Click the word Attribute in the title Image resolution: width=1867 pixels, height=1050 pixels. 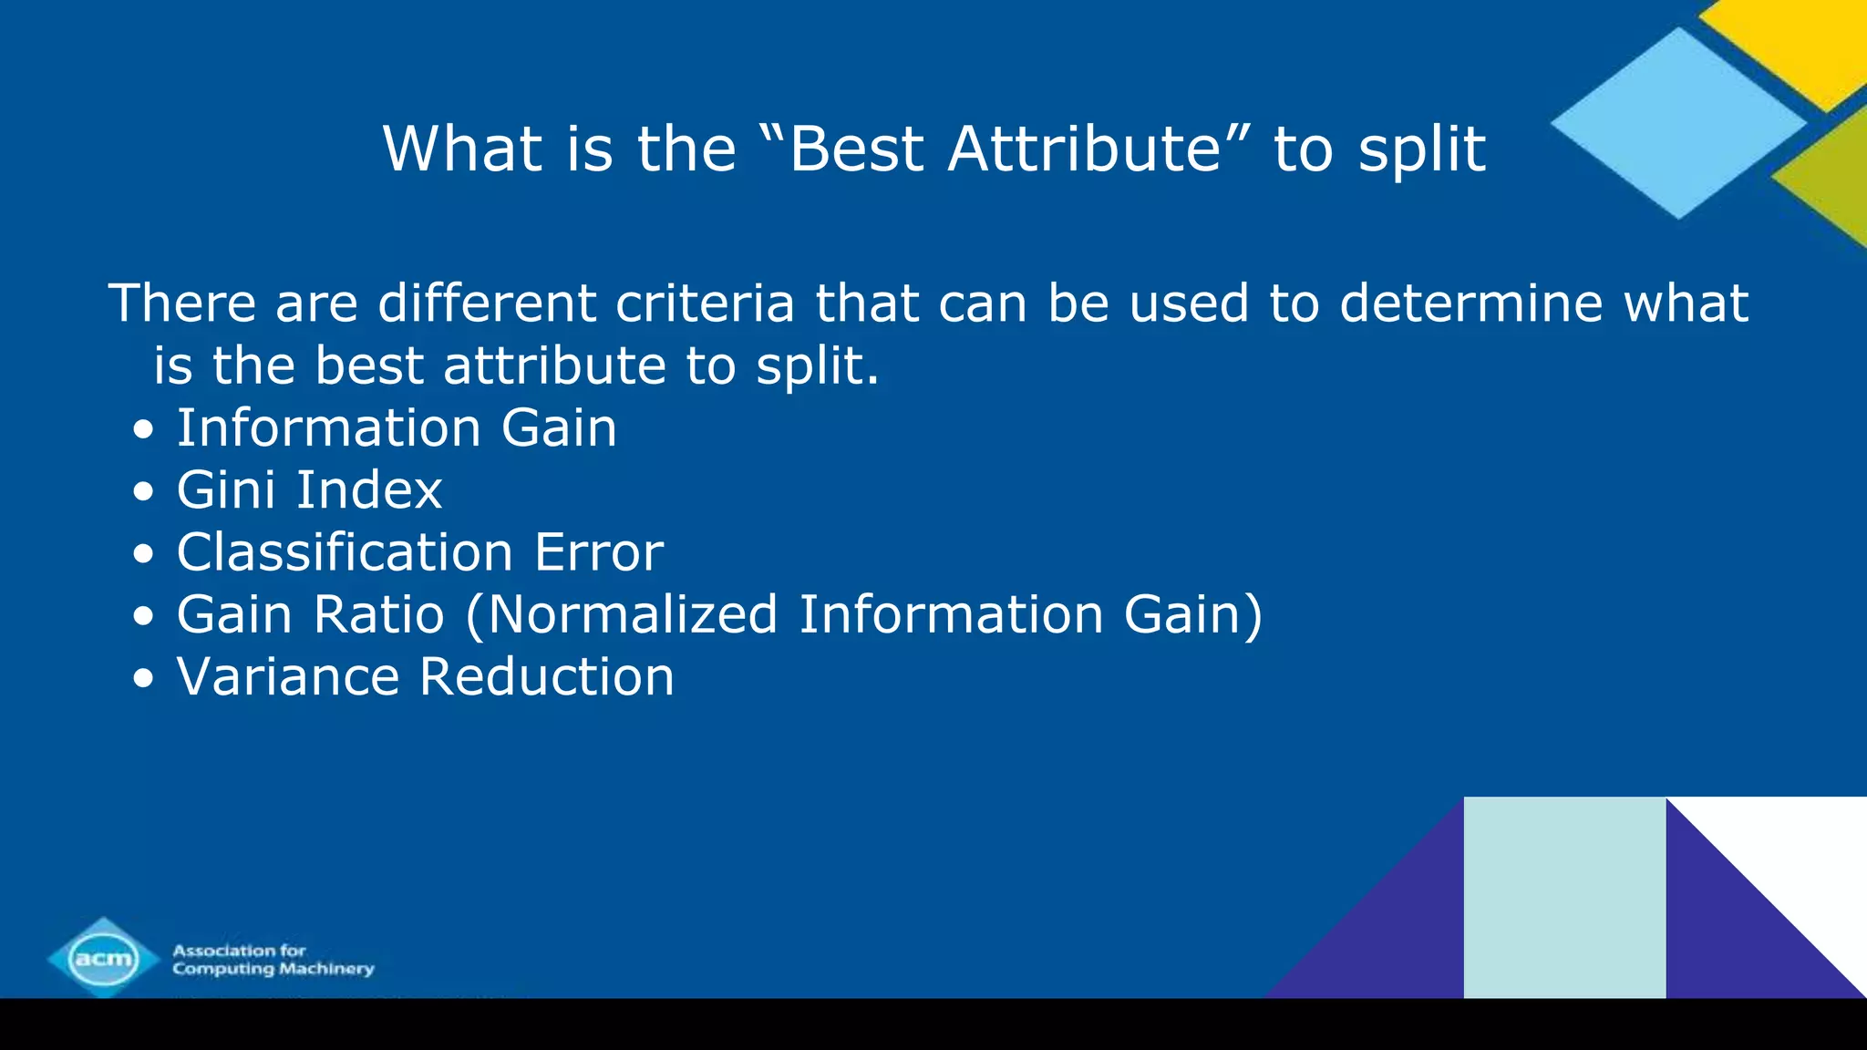1085,149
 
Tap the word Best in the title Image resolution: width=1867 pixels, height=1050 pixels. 857,149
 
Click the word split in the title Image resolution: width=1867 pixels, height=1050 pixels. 1422,150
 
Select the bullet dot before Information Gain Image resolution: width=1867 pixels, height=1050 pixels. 143,429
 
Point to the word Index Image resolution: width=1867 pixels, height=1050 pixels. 369,490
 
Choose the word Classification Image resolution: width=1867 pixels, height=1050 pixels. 345,552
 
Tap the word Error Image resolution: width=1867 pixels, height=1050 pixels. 599,552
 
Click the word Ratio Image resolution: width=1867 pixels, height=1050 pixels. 378,614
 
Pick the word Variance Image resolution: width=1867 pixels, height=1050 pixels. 288,677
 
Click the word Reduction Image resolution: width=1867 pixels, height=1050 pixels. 547,677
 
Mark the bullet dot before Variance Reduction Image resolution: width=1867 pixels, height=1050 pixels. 143,679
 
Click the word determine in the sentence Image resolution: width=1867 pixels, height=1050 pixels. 1470,303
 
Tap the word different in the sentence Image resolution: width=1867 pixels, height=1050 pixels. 487,303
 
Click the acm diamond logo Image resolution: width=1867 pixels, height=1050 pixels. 103,958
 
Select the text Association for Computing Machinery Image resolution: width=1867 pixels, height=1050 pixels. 273,960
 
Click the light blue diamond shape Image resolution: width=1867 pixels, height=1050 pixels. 1677,123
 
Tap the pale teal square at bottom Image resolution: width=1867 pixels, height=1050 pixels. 1564,898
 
